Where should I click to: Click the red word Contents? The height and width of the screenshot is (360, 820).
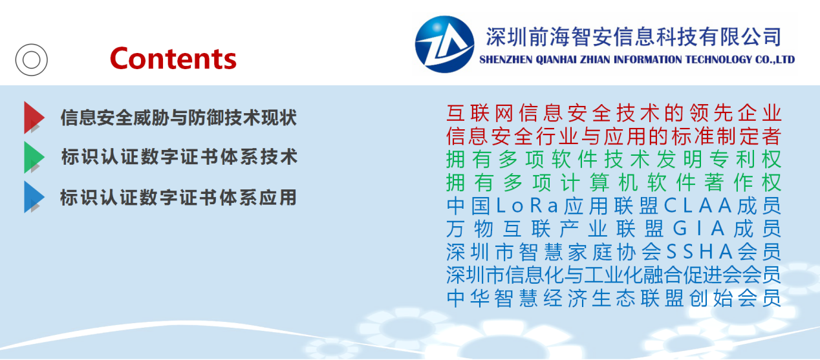pos(173,59)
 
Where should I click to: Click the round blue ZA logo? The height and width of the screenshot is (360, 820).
pos(444,44)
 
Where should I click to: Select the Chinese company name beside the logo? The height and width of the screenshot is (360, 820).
pos(634,37)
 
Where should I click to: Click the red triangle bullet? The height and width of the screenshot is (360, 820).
pos(34,118)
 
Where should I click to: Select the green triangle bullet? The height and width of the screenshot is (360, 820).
pos(34,157)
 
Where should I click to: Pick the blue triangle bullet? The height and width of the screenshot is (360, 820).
pos(34,197)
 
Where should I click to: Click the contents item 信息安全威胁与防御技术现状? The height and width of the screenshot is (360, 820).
pos(178,118)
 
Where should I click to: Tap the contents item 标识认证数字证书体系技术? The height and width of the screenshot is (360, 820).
pos(179,157)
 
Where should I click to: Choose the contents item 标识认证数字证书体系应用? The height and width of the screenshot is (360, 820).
pos(178,197)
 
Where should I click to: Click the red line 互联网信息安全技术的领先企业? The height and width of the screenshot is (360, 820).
pos(614,113)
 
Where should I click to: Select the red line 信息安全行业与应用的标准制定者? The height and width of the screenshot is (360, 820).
pos(614,136)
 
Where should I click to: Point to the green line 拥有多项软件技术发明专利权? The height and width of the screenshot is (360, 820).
pos(614,159)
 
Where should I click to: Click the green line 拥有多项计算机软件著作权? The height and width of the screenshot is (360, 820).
pos(614,182)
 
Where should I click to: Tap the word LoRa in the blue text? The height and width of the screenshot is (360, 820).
pos(527,206)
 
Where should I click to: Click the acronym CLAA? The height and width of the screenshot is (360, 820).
pos(698,206)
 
